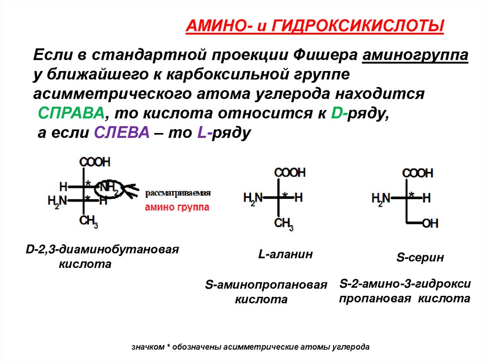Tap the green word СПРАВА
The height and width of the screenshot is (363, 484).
pyautogui.click(x=71, y=114)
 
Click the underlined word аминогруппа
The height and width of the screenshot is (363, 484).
pyautogui.click(x=415, y=56)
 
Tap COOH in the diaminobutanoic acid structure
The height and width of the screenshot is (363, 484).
pyautogui.click(x=95, y=162)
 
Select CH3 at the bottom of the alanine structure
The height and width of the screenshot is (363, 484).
pyautogui.click(x=284, y=223)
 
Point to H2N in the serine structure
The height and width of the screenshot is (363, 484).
pyautogui.click(x=381, y=198)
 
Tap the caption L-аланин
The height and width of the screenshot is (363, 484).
pyautogui.click(x=285, y=254)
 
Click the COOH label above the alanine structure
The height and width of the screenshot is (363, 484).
pyautogui.click(x=290, y=172)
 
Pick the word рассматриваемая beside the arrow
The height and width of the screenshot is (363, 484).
pyautogui.click(x=177, y=193)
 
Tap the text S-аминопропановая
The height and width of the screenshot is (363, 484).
pyautogui.click(x=266, y=285)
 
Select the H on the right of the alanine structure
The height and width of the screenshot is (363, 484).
pyautogui.click(x=298, y=197)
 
